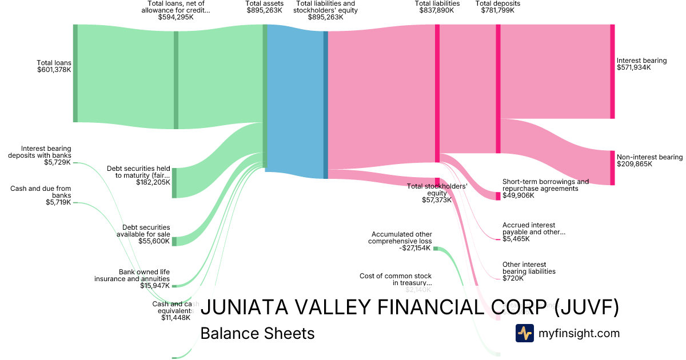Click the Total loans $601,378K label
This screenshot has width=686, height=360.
pos(54,66)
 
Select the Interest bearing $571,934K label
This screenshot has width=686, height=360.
pos(641,64)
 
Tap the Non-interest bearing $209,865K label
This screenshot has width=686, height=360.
pos(649,161)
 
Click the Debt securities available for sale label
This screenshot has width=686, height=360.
pos(143,234)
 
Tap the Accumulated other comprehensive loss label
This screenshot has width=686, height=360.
pos(402,241)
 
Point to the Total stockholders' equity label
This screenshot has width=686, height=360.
pos(437,193)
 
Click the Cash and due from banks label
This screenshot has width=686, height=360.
pos(41,195)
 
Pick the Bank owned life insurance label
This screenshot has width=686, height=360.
pos(132,278)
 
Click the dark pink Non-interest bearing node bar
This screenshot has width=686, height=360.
pos(612,168)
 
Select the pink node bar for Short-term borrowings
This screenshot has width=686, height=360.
pos(497,196)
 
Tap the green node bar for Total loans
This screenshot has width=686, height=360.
pos(75,73)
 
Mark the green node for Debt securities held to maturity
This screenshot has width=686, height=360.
pos(175,183)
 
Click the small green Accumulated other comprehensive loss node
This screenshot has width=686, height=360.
pos(436,249)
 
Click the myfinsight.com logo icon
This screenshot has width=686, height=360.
pos(525,333)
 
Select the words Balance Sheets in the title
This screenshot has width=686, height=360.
pos(257,333)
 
